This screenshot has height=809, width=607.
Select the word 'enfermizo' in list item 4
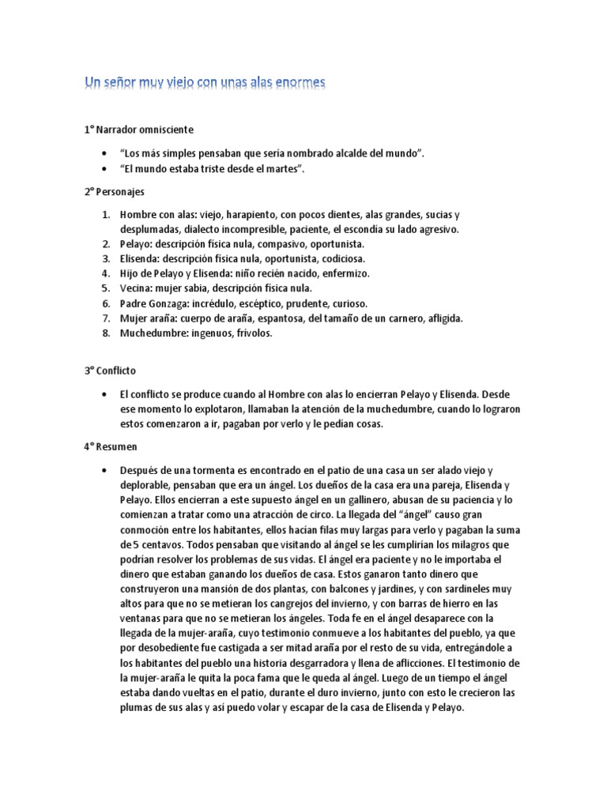[x=345, y=273]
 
